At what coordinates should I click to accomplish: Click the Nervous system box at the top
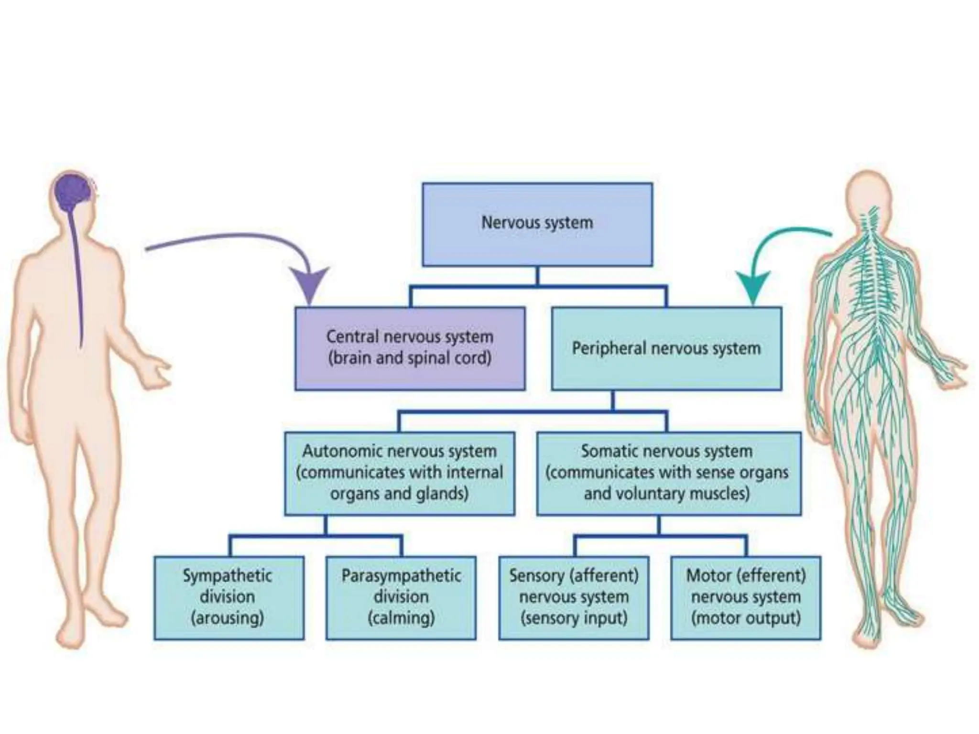[x=537, y=224]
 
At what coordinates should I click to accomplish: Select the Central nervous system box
[x=410, y=348]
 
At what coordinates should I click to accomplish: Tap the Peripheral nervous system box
[x=666, y=348]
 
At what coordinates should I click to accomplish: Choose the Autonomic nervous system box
[x=400, y=473]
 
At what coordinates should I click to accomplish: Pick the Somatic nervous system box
[x=668, y=473]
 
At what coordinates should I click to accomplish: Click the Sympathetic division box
[x=228, y=597]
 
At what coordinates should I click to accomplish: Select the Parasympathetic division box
[x=401, y=597]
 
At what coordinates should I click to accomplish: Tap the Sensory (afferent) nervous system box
[x=574, y=597]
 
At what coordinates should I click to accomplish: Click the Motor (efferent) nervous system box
[x=746, y=597]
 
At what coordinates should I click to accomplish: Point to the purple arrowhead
[x=310, y=285]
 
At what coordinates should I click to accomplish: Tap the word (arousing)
[x=228, y=618]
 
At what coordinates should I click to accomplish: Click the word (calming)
[x=401, y=618]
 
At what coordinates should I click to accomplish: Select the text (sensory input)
[x=574, y=618]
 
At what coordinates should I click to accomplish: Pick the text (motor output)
[x=746, y=618]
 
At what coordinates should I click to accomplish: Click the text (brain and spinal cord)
[x=410, y=358]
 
